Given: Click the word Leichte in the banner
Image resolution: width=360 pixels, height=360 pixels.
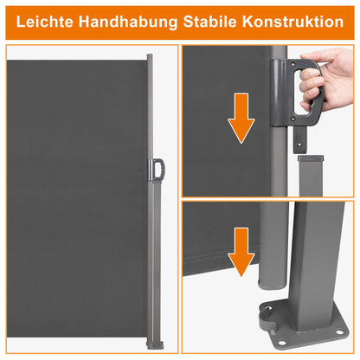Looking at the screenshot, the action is coord(45,22).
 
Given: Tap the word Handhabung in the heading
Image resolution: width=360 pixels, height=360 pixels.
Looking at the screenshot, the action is coord(128,22).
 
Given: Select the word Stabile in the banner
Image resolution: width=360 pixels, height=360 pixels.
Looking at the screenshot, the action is coord(210,22).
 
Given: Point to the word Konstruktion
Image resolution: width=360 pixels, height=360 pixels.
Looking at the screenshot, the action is coord(292,22).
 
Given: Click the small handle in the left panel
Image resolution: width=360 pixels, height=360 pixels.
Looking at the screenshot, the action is coord(157,170).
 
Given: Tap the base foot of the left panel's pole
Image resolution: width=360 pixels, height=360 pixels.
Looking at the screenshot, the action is coord(155,345).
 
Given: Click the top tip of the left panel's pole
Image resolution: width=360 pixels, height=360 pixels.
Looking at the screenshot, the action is coord(150,55).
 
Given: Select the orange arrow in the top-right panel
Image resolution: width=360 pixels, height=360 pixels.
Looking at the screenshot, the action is coord(241,118).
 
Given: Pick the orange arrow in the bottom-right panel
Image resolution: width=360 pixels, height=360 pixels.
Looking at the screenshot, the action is coord(241,252).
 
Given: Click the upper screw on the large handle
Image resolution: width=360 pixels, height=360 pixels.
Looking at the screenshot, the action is coord(293,64).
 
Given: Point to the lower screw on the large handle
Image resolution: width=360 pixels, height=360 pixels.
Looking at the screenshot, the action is coord(292,119).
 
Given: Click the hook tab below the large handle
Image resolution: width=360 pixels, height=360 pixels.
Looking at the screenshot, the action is coord(300,140).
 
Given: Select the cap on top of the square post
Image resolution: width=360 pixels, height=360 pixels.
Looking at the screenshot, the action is coord(311,158).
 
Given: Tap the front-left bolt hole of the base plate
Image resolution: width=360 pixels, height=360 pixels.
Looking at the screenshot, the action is coord(282,343).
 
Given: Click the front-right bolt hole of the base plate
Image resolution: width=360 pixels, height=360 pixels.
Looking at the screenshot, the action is coord(339,332).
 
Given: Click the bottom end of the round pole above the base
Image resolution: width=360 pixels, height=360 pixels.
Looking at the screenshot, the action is coord(272,286).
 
